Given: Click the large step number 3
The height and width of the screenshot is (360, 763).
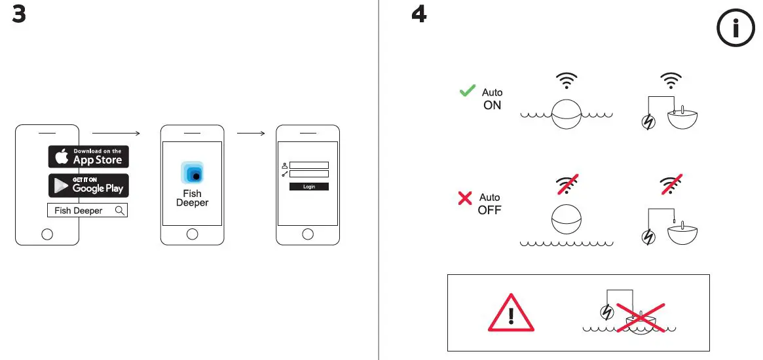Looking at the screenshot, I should [20, 14].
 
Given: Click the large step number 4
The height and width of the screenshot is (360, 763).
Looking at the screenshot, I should [419, 14].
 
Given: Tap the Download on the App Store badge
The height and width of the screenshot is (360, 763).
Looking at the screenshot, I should [88, 157].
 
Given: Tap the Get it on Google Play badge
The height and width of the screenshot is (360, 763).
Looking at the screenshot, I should [88, 185].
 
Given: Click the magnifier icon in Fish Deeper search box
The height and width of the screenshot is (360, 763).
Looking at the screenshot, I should [119, 210].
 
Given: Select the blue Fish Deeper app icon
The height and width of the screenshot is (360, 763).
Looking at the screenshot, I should [192, 173].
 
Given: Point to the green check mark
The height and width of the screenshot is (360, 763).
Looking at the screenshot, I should [468, 92].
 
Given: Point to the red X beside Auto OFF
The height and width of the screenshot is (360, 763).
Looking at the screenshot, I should [465, 198].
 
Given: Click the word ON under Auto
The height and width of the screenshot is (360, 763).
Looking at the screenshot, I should [492, 105].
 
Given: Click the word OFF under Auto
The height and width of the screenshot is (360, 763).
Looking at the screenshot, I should [489, 210].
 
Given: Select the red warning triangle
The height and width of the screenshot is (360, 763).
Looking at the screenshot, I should [511, 313].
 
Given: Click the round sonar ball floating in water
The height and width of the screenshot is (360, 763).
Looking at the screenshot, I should [567, 115].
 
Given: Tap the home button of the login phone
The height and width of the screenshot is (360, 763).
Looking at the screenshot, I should [308, 234].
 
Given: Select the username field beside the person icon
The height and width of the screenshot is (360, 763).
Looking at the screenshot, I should [308, 165].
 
